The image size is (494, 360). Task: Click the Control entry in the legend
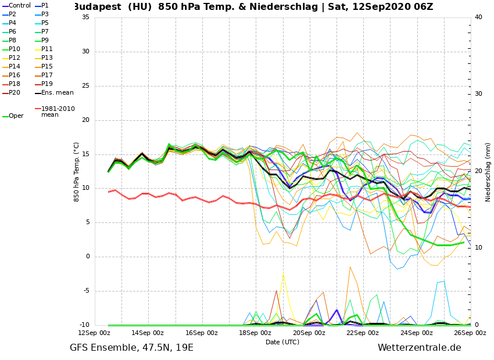tap(19, 6)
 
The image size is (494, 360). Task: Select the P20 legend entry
tap(15, 93)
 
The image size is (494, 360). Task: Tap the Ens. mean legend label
tap(57, 93)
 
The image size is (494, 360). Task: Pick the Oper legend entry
tap(16, 116)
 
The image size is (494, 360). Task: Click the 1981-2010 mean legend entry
tap(58, 111)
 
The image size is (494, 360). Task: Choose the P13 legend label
tap(47, 58)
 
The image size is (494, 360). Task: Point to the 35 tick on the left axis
tap(85, 17)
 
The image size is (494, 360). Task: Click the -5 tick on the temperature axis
tap(85, 291)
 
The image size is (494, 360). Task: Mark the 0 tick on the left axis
tap(88, 257)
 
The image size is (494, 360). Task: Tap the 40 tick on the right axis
tap(478, 17)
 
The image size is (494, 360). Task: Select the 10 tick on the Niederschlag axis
tap(478, 248)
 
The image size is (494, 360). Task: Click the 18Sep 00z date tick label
tap(255, 333)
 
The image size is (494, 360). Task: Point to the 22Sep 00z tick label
tap(363, 333)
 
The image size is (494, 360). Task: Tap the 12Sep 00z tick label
tap(94, 333)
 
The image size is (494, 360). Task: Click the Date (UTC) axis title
tap(282, 342)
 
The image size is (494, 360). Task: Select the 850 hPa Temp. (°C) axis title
tap(77, 171)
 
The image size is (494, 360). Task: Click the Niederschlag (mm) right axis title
tap(488, 172)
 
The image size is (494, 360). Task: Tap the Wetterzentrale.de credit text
tap(419, 348)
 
